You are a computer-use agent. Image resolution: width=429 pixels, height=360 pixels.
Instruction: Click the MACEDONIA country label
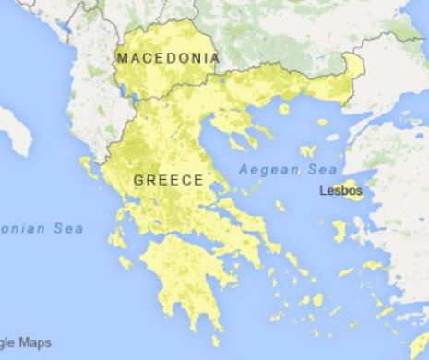point(168,58)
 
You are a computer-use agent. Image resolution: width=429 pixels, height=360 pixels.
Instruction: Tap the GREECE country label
point(168,180)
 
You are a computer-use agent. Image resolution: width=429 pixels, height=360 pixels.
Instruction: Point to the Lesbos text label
point(340,191)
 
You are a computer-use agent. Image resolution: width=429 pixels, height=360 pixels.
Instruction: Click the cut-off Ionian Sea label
point(42,228)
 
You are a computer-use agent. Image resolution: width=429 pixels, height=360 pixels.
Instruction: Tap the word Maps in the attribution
point(33,343)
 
